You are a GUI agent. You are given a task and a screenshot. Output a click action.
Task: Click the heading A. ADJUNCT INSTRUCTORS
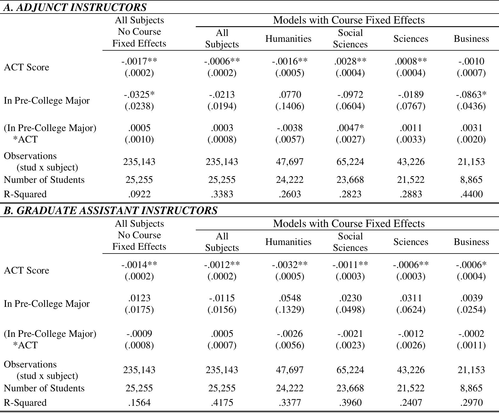coord(75,7)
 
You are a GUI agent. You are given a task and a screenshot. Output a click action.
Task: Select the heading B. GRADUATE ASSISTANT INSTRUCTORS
coord(110,210)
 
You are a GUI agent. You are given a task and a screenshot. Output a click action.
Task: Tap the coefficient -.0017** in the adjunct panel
coord(139,61)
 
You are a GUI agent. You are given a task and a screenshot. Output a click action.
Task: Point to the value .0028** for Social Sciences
coord(350,61)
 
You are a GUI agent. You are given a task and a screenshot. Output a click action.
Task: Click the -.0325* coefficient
coord(139,95)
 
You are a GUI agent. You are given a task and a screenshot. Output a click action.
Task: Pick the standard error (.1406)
coord(290,106)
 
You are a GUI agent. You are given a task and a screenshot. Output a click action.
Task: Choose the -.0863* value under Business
coord(471,95)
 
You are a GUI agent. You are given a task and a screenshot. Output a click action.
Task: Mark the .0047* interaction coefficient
coord(350,128)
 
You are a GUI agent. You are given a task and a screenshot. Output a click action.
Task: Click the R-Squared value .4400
coord(471,194)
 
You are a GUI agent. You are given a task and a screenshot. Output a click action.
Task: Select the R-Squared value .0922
coord(139,194)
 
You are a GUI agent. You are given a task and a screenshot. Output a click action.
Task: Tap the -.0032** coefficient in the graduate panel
coord(290,265)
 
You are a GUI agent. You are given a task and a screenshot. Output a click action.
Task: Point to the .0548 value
coord(290,298)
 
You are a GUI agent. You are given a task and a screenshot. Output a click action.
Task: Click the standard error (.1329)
coord(290,309)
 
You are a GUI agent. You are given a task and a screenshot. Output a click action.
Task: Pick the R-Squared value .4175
coord(222,403)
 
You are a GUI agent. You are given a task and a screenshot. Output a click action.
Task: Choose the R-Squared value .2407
coord(411,403)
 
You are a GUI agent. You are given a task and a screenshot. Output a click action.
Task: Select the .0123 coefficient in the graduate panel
coord(139,298)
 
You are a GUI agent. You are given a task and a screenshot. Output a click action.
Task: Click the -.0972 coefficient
coord(350,95)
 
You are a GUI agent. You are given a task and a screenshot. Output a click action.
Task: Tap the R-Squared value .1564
coord(139,403)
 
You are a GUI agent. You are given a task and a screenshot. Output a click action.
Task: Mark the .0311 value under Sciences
coord(411,298)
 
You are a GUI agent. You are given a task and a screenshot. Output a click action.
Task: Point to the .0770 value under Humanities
coord(290,95)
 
